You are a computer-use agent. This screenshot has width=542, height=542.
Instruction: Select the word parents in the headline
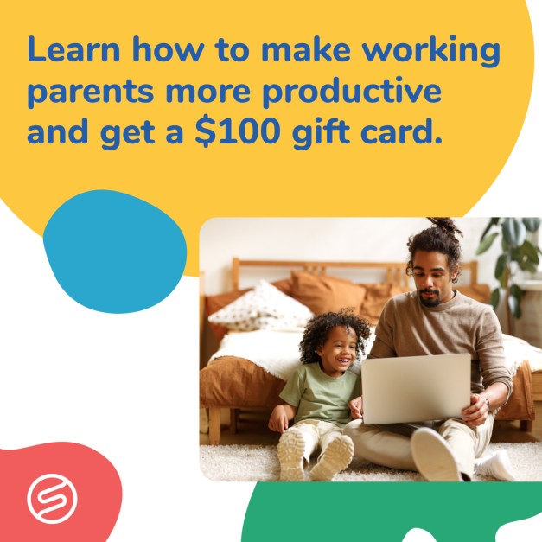pos(90,93)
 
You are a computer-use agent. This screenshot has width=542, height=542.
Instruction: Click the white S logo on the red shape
pos(52,499)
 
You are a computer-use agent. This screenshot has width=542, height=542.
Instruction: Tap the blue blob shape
pos(115,252)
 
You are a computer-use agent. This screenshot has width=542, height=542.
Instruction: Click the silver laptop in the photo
pos(416,388)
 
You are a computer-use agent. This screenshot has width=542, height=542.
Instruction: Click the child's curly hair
pos(332,333)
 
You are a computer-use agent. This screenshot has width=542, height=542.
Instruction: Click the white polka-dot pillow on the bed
pos(262,307)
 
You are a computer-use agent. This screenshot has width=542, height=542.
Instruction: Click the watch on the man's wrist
pos(487,402)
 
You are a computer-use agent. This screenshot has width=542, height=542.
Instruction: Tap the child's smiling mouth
pos(342,361)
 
